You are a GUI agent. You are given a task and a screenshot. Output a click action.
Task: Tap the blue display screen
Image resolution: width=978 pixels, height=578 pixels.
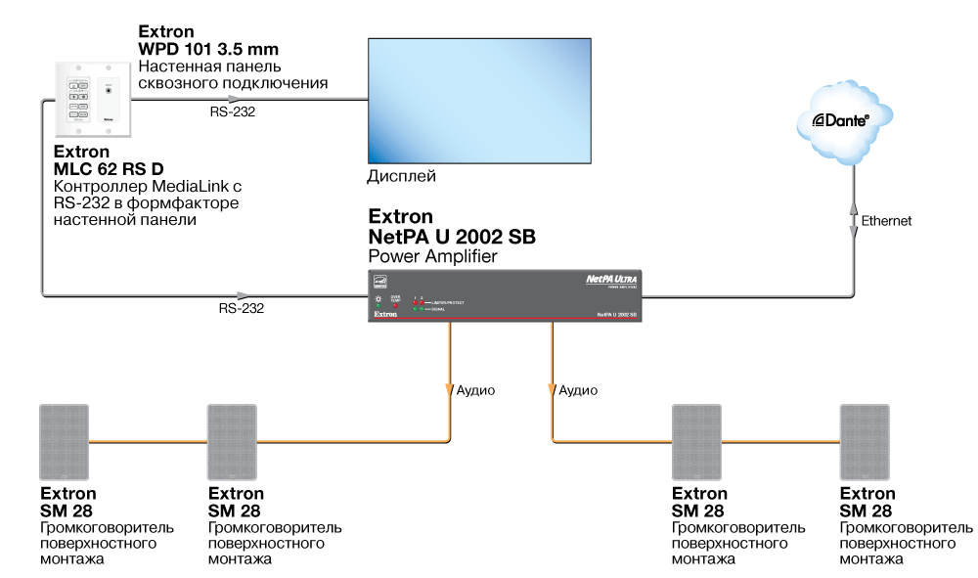click(479, 101)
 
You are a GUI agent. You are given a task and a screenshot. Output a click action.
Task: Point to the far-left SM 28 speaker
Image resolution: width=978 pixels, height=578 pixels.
click(64, 441)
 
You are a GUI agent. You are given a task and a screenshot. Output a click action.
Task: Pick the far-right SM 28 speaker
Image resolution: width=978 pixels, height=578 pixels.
click(866, 441)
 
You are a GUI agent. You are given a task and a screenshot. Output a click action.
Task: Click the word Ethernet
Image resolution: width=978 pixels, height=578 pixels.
click(886, 221)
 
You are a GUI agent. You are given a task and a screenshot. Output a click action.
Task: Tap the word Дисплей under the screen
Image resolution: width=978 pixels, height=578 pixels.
click(401, 177)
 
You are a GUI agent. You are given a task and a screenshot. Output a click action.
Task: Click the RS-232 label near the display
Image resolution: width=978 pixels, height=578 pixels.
click(235, 112)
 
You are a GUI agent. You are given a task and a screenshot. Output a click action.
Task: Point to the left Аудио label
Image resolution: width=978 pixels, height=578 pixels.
click(476, 390)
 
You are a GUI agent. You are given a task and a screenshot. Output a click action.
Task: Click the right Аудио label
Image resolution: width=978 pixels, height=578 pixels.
click(578, 390)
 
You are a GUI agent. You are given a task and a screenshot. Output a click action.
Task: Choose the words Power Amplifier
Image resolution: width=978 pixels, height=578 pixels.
click(432, 256)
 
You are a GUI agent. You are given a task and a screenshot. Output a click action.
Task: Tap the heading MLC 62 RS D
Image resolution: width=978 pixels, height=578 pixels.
click(109, 169)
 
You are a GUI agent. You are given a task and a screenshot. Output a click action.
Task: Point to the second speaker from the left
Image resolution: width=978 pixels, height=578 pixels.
click(232, 441)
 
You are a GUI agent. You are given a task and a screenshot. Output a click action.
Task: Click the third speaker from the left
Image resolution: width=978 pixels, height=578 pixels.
click(696, 441)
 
